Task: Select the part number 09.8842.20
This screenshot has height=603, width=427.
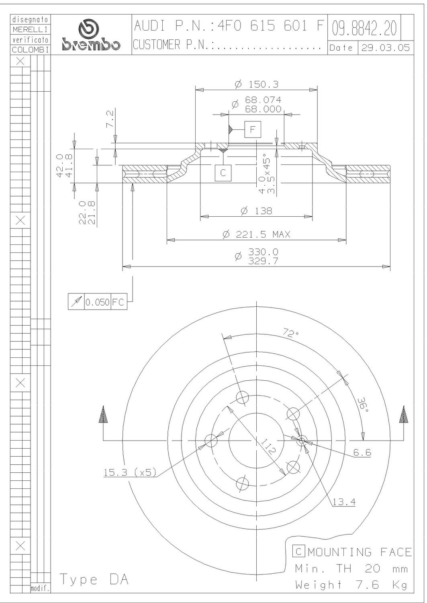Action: (364, 28)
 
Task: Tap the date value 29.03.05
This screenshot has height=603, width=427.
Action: (385, 48)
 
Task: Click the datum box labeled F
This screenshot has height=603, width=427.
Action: (252, 129)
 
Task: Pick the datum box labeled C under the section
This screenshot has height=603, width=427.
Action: (223, 173)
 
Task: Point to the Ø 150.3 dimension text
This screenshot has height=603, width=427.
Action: (257, 84)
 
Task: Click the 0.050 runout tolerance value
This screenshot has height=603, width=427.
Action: (97, 302)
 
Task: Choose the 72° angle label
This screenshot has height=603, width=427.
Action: (291, 333)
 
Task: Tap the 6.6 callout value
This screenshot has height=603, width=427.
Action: (362, 453)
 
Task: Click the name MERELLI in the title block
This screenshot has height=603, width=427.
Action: (30, 29)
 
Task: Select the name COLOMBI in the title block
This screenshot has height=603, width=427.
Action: (30, 50)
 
